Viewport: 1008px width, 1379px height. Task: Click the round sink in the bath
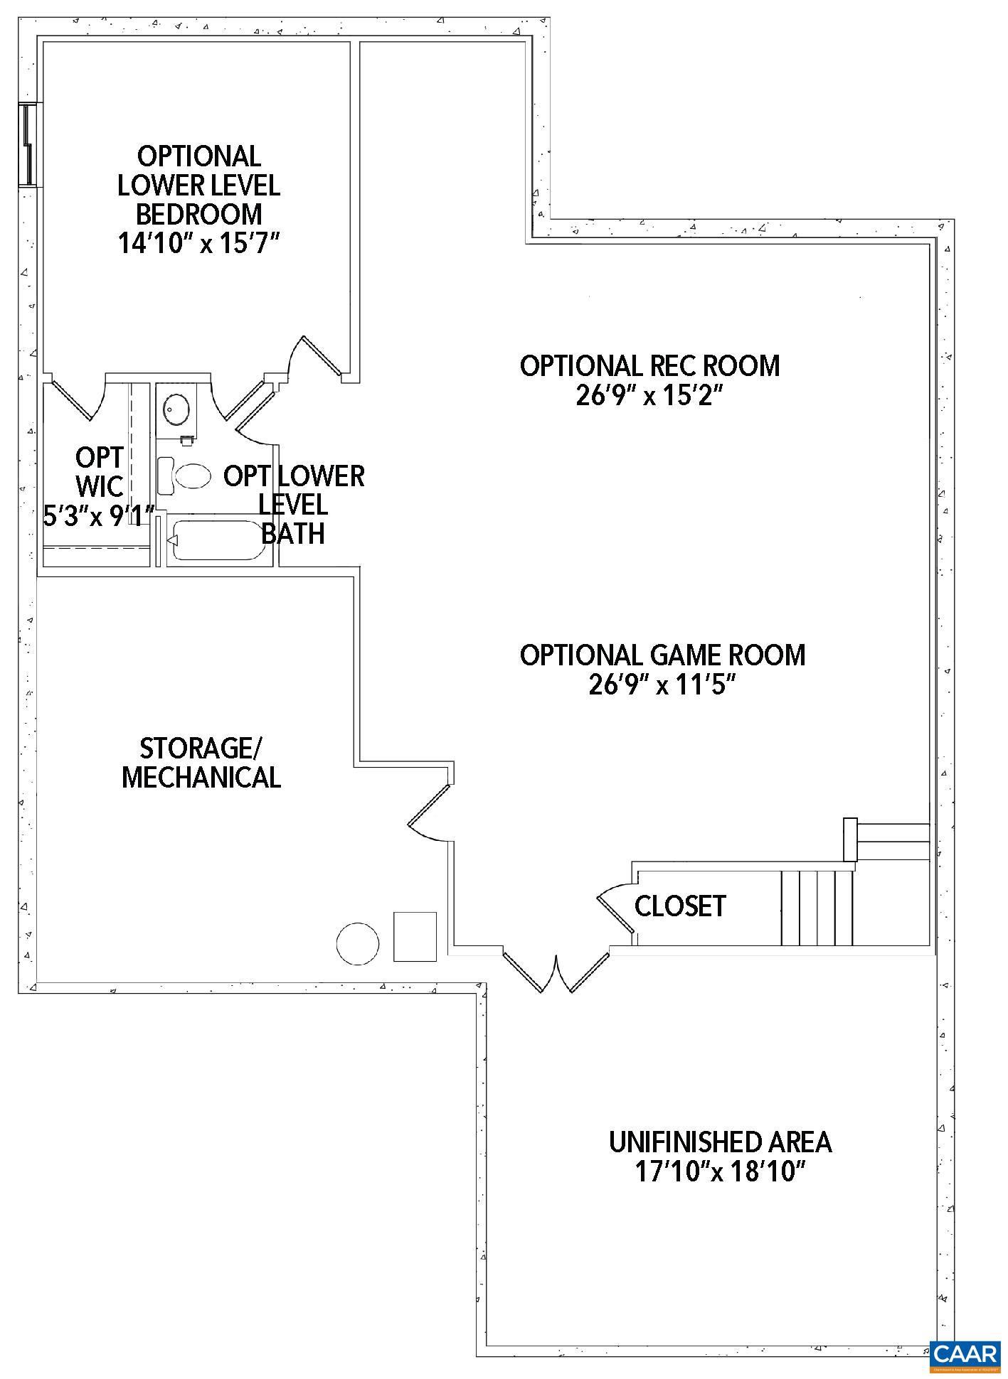[x=174, y=409]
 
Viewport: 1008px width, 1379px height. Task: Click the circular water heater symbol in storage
[x=357, y=943]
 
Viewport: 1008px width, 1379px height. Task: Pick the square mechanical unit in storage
[x=415, y=936]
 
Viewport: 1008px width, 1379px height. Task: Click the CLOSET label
[x=679, y=906]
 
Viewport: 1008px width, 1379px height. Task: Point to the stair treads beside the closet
[x=816, y=908]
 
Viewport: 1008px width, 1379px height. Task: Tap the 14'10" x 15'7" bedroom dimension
[x=198, y=244]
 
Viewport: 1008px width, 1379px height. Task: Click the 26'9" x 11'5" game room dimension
[x=662, y=685]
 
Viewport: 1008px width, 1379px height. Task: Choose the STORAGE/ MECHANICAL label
[x=201, y=763]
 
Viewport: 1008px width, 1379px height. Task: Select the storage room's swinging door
[x=429, y=814]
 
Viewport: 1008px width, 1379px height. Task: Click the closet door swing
[x=614, y=906]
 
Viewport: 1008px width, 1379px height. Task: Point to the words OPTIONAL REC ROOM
[x=649, y=366]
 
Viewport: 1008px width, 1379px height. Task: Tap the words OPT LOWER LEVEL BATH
[x=293, y=504]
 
